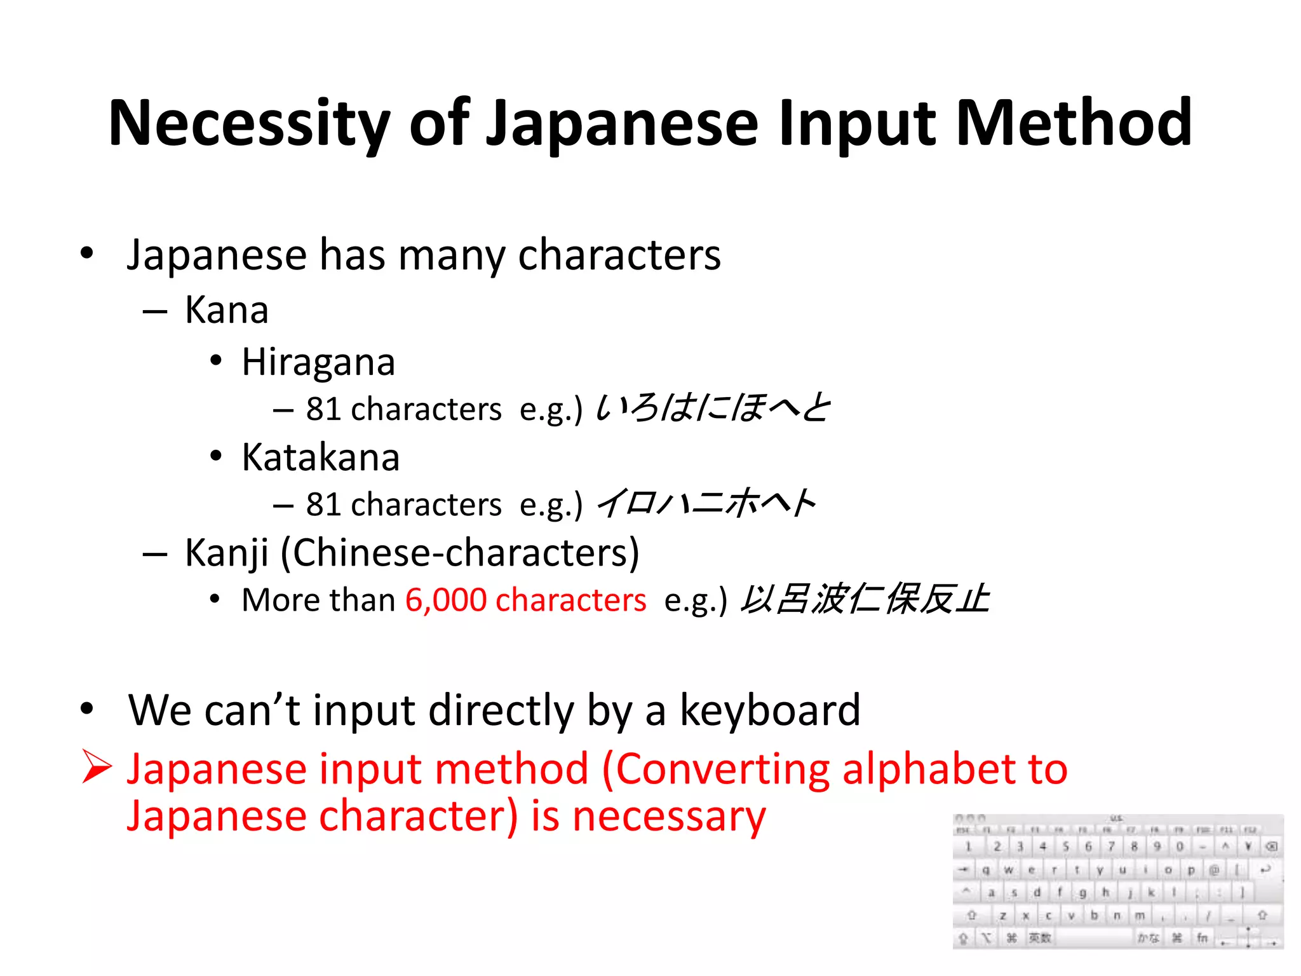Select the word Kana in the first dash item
pos(227,311)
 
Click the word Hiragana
pos(318,363)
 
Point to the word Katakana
pos(321,457)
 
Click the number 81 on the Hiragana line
pos(324,409)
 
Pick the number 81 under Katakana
pos(324,505)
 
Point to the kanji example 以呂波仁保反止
pos(865,599)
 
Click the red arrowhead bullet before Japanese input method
pos(97,766)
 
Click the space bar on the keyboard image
pos(1093,938)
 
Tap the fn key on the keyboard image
pos(1202,938)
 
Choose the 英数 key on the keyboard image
pos(1040,938)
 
